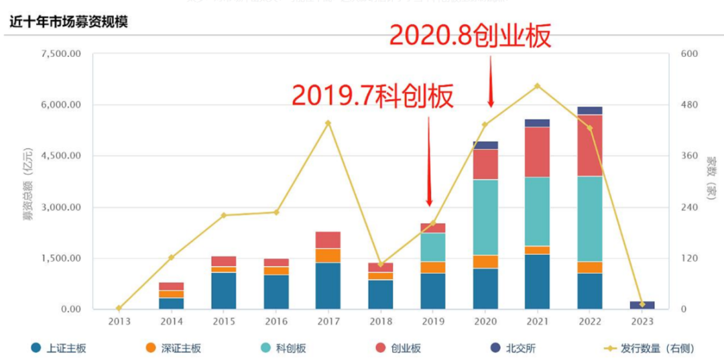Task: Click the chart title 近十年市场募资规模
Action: point(68,21)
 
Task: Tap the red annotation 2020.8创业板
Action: point(471,36)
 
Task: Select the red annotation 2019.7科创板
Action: point(373,96)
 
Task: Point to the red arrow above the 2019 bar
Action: point(429,161)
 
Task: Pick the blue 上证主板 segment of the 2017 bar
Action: point(328,286)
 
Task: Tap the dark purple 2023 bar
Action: point(642,305)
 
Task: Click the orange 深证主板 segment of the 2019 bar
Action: point(433,267)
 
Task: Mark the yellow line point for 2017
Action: point(328,123)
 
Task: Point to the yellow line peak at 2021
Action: point(537,86)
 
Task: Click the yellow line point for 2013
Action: point(119,308)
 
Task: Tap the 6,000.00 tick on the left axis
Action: point(62,105)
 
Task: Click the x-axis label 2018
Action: point(380,321)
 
